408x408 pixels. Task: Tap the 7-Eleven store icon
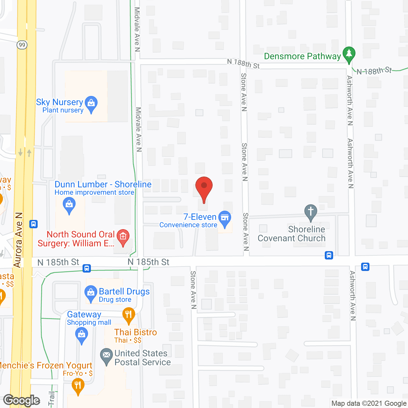[225, 218]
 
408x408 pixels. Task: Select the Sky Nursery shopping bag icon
[91, 103]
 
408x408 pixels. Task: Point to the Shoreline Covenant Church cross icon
[311, 212]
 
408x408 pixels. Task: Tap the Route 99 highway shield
[22, 45]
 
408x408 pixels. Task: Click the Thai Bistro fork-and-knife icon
[129, 315]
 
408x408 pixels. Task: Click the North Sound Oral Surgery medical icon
[123, 237]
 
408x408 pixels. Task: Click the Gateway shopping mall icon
[82, 335]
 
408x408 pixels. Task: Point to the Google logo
[22, 400]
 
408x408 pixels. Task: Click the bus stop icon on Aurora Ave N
[33, 224]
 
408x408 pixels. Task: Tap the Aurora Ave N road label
[18, 240]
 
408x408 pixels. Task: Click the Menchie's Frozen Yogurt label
[46, 365]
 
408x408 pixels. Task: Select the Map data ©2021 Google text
[369, 403]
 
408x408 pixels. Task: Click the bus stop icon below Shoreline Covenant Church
[329, 255]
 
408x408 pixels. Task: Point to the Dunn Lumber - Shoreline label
[103, 184]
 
